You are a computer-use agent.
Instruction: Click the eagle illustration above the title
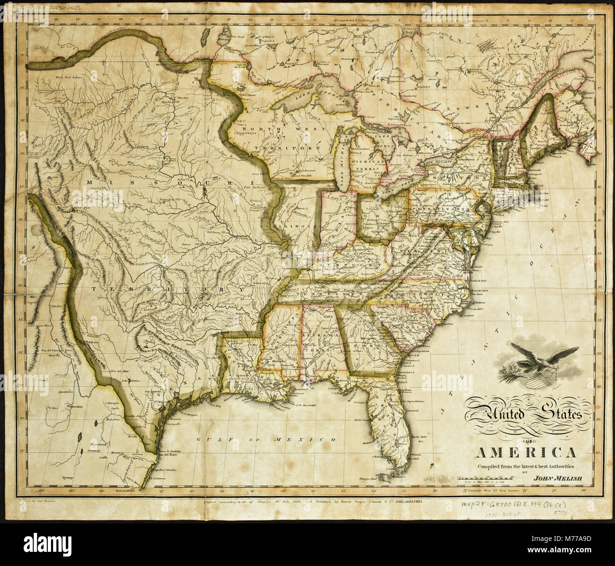[537, 364]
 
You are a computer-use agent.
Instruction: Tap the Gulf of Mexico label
[267, 440]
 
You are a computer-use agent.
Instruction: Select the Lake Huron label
[384, 140]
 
